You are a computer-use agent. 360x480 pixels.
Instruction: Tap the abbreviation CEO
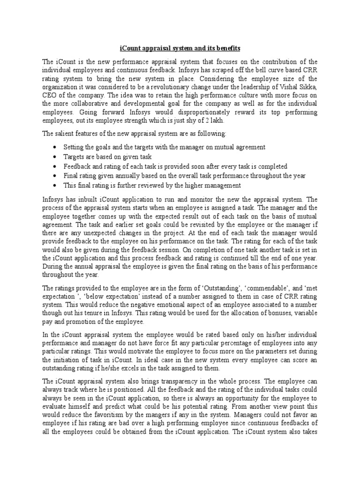49,96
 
